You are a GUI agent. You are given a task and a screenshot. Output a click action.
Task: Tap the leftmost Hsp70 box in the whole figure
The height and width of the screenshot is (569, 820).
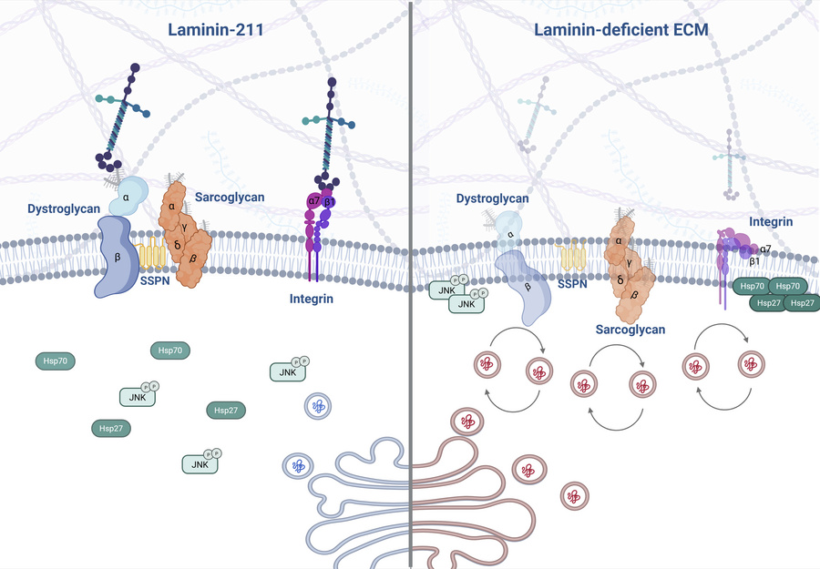(x=56, y=361)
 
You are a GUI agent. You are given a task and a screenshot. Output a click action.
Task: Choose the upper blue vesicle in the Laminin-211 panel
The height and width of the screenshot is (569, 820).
(x=318, y=406)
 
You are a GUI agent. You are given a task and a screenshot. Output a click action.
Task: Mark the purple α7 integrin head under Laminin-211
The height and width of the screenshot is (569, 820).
(x=313, y=199)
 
